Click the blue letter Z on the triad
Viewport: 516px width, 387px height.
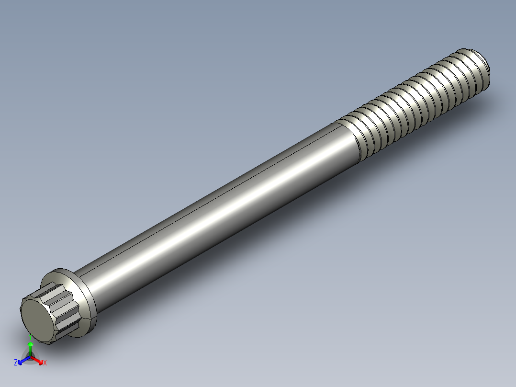click(16, 363)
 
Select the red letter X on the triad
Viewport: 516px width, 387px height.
click(45, 363)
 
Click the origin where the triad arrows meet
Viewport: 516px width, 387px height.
click(30, 357)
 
